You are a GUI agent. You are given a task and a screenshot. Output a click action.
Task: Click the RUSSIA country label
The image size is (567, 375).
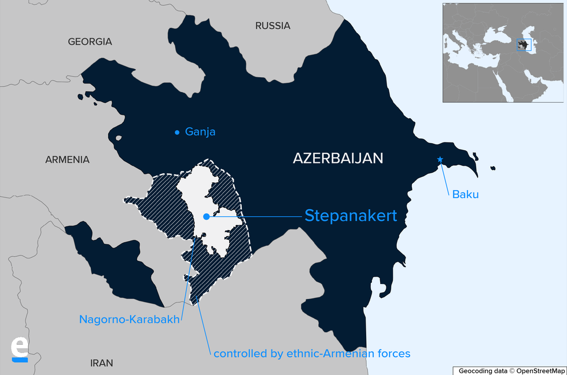click(x=273, y=26)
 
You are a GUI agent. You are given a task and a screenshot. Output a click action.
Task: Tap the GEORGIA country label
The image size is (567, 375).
click(x=90, y=42)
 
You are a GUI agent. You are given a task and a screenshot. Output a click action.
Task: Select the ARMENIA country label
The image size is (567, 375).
click(x=68, y=159)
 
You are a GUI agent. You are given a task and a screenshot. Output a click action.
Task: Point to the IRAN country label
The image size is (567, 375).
click(x=102, y=363)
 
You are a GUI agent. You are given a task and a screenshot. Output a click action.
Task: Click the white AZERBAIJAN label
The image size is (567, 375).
click(x=338, y=158)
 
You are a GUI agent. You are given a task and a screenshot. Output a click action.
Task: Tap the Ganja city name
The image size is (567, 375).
click(x=200, y=132)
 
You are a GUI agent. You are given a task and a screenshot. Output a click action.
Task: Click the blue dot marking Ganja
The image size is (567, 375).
click(x=177, y=132)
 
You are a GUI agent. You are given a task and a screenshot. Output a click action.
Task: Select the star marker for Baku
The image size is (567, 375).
click(x=440, y=159)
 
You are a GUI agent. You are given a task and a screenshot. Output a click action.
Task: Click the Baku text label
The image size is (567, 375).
click(x=465, y=195)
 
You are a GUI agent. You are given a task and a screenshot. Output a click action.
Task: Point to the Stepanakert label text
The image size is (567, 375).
click(x=351, y=216)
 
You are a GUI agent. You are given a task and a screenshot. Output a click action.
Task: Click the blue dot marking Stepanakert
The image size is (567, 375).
click(x=206, y=217)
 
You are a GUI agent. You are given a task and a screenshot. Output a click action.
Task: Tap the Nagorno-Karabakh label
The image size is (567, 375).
click(x=130, y=319)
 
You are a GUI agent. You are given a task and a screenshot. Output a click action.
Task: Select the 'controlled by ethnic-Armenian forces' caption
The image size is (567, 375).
click(x=312, y=353)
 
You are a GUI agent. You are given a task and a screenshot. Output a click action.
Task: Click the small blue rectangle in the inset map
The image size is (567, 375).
click(x=524, y=44)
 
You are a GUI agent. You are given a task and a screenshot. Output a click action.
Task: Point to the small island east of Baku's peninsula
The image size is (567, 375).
click(x=493, y=168)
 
